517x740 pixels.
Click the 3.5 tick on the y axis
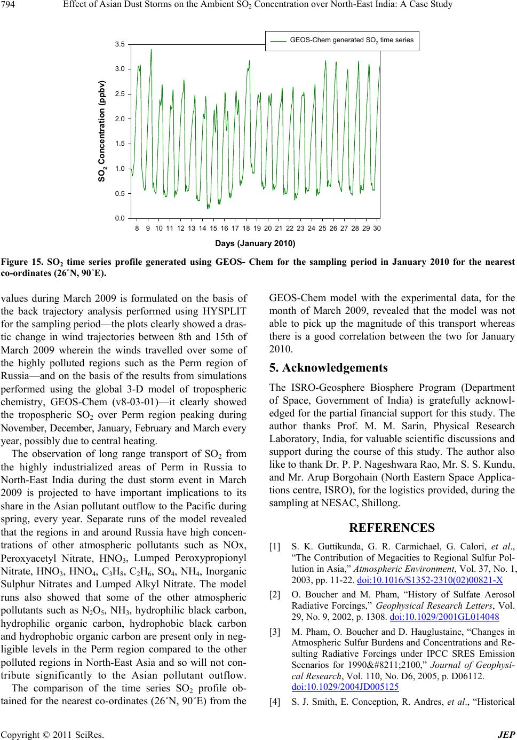pyautogui.click(x=120, y=44)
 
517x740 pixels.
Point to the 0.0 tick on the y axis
pyautogui.click(x=120, y=218)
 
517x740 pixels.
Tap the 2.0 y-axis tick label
pyautogui.click(x=120, y=119)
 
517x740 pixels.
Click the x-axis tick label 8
pyautogui.click(x=137, y=228)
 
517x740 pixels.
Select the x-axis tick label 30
pyautogui.click(x=377, y=228)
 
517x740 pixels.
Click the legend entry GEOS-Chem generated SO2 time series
pyautogui.click(x=351, y=40)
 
